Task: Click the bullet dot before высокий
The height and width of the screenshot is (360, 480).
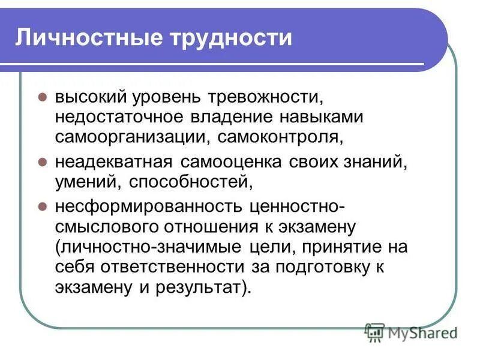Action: [42, 97]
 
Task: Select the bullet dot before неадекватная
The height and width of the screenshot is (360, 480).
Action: [42, 162]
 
